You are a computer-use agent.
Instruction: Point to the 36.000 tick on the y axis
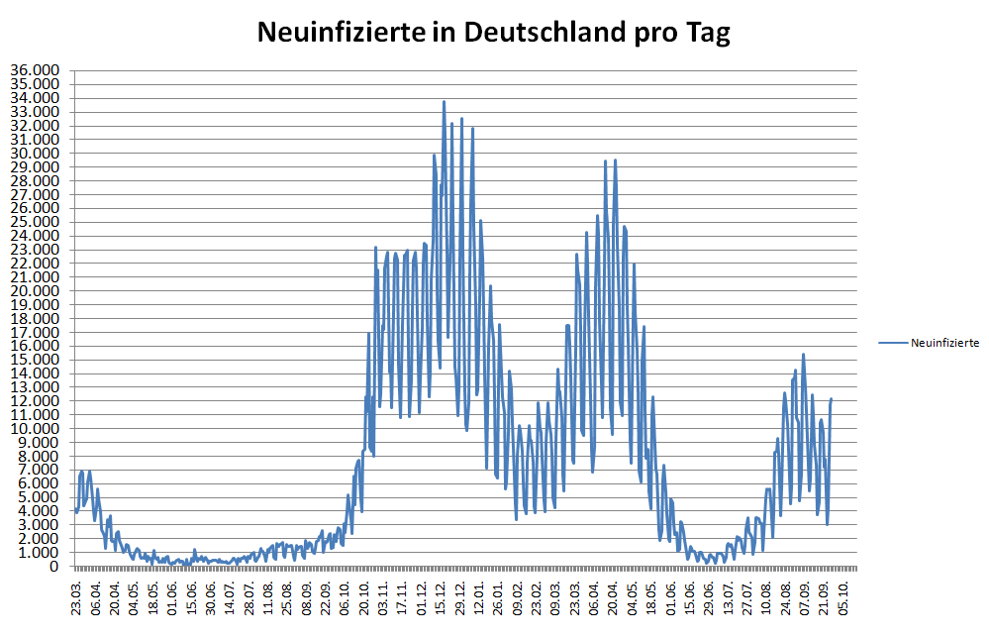tap(35, 70)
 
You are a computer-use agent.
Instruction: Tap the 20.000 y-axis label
tap(35, 290)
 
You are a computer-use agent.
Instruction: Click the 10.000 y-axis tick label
tap(35, 428)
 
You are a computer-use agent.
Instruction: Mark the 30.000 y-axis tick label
tap(35, 153)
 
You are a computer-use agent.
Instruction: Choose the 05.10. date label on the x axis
tap(841, 598)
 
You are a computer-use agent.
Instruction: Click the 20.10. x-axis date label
tap(364, 598)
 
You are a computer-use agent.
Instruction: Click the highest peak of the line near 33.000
tap(444, 102)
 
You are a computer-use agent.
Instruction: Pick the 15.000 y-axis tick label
tap(35, 360)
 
